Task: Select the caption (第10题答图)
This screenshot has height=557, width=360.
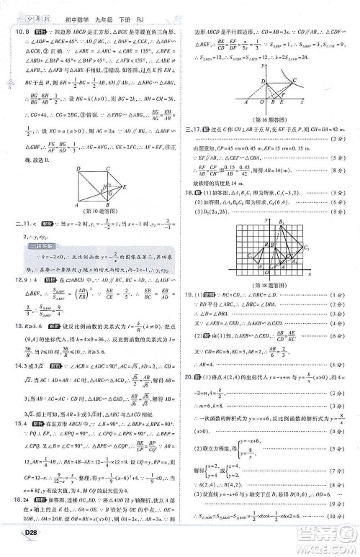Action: tap(103, 229)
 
